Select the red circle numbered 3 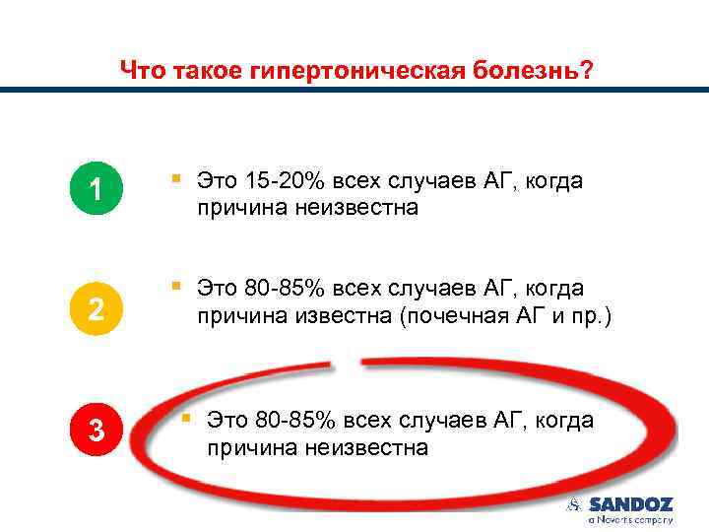coord(96,430)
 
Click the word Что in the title coord(141,71)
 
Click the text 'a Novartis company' coord(630,518)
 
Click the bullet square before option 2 coord(175,286)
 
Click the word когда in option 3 coord(563,421)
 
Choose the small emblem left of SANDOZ coord(574,504)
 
